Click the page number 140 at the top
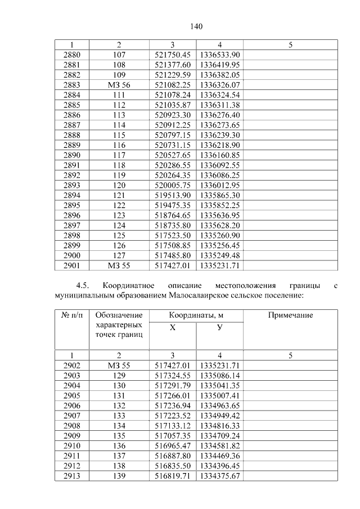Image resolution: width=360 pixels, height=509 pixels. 196,26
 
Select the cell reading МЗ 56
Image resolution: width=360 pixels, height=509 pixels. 119,84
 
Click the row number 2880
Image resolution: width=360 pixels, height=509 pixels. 72,55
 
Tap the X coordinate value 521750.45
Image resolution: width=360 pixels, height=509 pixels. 173,55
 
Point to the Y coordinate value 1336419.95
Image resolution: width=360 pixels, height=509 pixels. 220,65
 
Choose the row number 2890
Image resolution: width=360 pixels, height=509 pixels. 72,155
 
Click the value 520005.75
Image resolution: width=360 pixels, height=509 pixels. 173,185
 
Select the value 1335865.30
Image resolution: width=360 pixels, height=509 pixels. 220,195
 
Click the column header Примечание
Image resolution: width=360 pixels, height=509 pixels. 290,316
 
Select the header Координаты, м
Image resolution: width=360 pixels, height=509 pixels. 196,316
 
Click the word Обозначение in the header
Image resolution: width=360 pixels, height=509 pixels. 119,316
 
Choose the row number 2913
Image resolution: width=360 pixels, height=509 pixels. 72,476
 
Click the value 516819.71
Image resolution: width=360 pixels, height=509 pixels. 173,476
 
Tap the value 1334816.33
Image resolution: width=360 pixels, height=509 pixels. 220,426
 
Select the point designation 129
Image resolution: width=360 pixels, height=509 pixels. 119,375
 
